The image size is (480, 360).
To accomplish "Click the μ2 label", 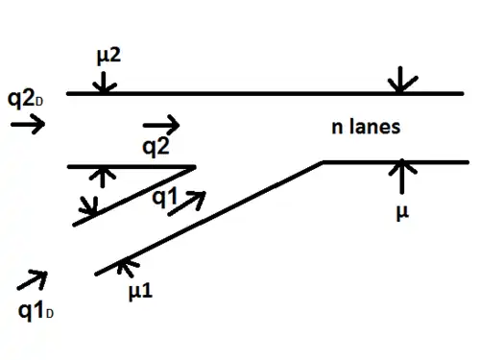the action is [108, 57].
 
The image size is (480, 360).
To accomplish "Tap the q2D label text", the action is [25, 100].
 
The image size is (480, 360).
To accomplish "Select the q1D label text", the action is [36, 311].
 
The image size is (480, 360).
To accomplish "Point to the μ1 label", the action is [140, 292].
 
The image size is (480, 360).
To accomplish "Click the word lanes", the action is [374, 126].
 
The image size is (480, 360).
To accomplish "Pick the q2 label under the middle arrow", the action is [156, 147].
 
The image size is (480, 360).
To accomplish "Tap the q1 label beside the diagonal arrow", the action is [164, 197].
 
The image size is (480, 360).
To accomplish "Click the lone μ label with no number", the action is [402, 212].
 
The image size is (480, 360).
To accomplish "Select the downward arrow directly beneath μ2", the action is [103, 83].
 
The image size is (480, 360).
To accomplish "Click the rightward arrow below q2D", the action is [28, 124].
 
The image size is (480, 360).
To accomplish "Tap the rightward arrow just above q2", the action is [161, 125].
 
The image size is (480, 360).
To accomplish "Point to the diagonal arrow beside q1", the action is [187, 204].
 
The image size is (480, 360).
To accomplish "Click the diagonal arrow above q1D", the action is [33, 280].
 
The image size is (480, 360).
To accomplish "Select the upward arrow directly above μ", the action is [402, 177].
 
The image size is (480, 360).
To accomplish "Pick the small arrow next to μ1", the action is [128, 267].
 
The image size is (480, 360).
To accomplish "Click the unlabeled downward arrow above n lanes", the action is [401, 80].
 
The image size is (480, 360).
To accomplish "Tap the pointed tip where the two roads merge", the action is [195, 167].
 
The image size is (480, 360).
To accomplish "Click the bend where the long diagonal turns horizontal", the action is [323, 162].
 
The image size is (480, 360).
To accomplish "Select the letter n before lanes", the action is [337, 128].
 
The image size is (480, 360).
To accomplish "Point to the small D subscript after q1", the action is [49, 314].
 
